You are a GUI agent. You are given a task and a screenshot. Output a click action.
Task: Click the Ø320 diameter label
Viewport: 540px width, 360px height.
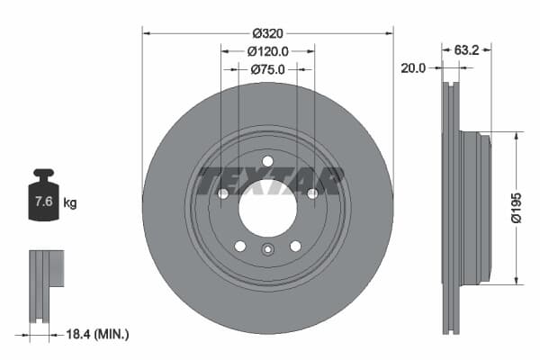pyautogui.click(x=267, y=32)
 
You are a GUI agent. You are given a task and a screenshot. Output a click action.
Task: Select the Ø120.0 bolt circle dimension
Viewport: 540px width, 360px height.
pyautogui.click(x=267, y=50)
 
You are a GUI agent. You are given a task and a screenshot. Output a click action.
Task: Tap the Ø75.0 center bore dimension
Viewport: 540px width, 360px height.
pyautogui.click(x=267, y=68)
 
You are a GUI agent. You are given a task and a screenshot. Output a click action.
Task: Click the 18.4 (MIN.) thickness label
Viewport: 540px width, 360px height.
pyautogui.click(x=99, y=334)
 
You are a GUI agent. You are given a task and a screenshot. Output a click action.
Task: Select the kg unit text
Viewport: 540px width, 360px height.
pyautogui.click(x=70, y=203)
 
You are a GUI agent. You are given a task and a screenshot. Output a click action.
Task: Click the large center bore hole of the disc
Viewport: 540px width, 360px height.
pyautogui.click(x=267, y=209)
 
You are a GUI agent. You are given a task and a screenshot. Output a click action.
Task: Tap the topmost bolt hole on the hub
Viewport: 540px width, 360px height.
pyautogui.click(x=267, y=162)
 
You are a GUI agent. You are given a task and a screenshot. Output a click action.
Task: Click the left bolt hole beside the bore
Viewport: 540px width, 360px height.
pyautogui.click(x=222, y=193)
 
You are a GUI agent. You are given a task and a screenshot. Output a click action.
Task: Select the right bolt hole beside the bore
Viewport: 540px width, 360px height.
pyautogui.click(x=312, y=193)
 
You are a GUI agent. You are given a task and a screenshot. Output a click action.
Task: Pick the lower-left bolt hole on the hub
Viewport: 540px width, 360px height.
pyautogui.click(x=239, y=246)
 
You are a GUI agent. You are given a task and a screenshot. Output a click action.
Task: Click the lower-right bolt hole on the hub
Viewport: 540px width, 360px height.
pyautogui.click(x=295, y=246)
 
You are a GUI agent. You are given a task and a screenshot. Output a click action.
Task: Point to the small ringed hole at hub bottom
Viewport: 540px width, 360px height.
pyautogui.click(x=267, y=251)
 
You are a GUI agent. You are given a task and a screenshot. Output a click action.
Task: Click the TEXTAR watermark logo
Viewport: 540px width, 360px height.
pyautogui.click(x=270, y=180)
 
